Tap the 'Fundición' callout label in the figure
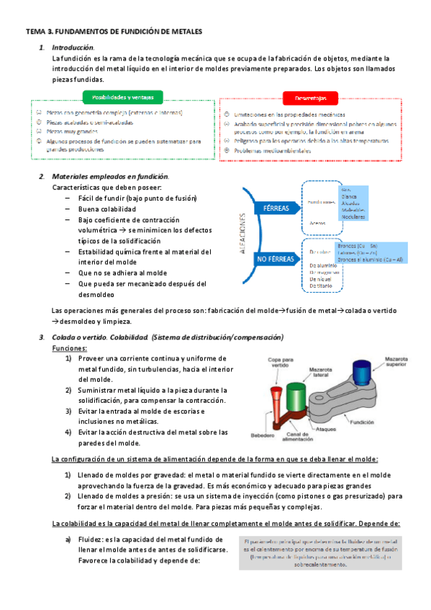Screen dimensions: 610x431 (382, 424)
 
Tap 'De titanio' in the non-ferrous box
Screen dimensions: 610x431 (323, 286)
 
